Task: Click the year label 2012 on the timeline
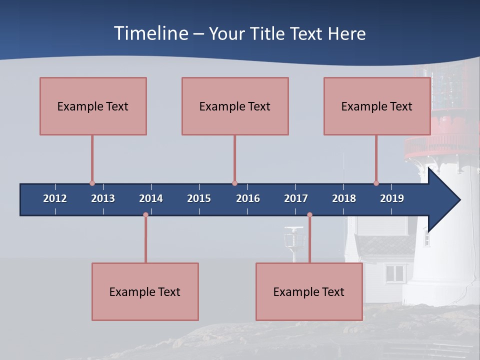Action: click(55, 198)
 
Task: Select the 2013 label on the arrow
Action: click(103, 198)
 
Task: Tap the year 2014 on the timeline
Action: click(151, 198)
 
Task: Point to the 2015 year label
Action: click(199, 198)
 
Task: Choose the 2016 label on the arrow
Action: click(248, 198)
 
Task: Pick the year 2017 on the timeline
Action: click(296, 198)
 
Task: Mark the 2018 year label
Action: click(344, 198)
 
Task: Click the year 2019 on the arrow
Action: click(392, 198)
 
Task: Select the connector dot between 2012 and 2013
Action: click(92, 183)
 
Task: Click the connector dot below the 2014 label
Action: click(145, 215)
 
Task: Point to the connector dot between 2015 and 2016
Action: click(234, 183)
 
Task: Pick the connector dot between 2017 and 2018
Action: click(309, 215)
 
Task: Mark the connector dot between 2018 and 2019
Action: click(376, 183)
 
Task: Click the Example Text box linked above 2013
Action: click(93, 106)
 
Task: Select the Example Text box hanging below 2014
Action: click(145, 291)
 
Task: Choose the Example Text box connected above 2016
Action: click(235, 106)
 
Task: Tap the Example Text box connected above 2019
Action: click(377, 106)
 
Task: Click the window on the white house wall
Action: click(395, 273)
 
